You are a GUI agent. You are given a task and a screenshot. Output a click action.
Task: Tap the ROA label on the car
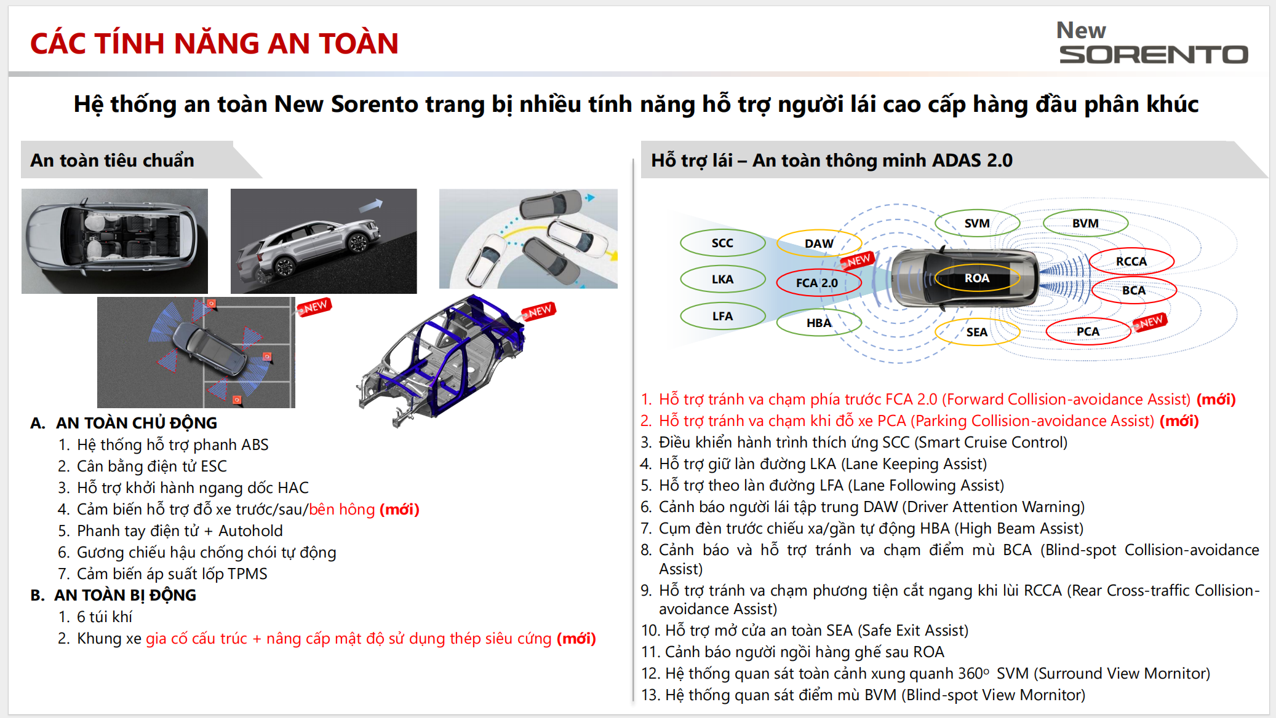point(976,278)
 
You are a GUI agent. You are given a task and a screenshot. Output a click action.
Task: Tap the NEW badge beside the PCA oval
point(1150,322)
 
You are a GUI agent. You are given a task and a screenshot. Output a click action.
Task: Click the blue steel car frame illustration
point(441,360)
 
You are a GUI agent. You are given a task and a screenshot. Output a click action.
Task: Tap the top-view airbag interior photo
point(114,241)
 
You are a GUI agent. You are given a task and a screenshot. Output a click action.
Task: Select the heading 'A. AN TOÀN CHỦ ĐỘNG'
point(124,423)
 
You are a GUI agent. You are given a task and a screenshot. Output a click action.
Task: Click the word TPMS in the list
point(247,574)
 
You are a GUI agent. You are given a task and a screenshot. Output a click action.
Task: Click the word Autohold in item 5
point(250,531)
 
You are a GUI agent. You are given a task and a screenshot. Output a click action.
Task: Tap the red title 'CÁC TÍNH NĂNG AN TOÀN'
point(215,44)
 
